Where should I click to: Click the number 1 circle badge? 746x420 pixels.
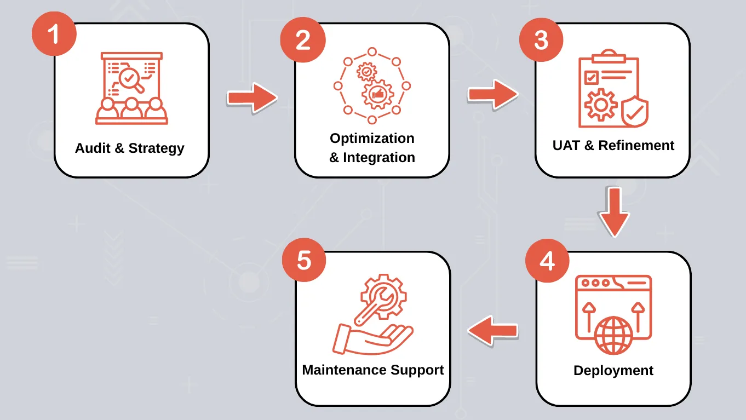click(x=54, y=34)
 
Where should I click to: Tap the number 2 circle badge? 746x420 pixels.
click(x=303, y=40)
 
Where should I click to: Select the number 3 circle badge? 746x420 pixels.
click(x=541, y=39)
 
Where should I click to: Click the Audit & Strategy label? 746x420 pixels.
click(x=130, y=148)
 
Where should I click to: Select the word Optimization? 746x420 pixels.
click(x=372, y=138)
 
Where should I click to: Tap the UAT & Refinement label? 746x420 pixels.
click(x=613, y=146)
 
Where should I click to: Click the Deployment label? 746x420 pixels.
click(x=613, y=371)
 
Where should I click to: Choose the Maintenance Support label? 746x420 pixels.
click(x=373, y=370)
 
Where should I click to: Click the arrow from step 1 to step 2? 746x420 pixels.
click(x=252, y=98)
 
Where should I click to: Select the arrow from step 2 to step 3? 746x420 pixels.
click(x=492, y=95)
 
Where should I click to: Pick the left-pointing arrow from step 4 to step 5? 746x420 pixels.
click(x=492, y=330)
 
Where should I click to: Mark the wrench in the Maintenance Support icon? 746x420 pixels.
click(x=374, y=303)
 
